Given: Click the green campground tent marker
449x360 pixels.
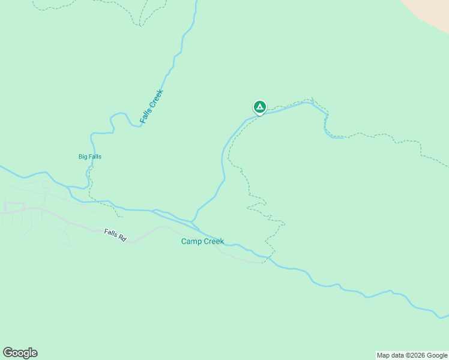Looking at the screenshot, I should pyautogui.click(x=259, y=107).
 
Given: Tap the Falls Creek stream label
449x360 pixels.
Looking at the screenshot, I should pyautogui.click(x=151, y=107).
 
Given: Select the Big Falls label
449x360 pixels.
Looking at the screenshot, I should pyautogui.click(x=90, y=157).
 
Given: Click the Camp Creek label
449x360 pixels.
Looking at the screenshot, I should pyautogui.click(x=202, y=242).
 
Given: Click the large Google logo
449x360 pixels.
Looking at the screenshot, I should pyautogui.click(x=20, y=353).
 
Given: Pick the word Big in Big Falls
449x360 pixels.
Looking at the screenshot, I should pyautogui.click(x=83, y=157).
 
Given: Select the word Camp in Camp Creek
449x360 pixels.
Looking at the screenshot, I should pyautogui.click(x=191, y=242).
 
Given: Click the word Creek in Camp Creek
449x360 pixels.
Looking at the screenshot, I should pyautogui.click(x=213, y=242).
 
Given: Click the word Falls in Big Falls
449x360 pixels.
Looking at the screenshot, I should pyautogui.click(x=94, y=157).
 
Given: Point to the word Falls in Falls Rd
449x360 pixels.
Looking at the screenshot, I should pyautogui.click(x=110, y=233).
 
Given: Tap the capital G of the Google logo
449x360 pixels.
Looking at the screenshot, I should pyautogui.click(x=8, y=352).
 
